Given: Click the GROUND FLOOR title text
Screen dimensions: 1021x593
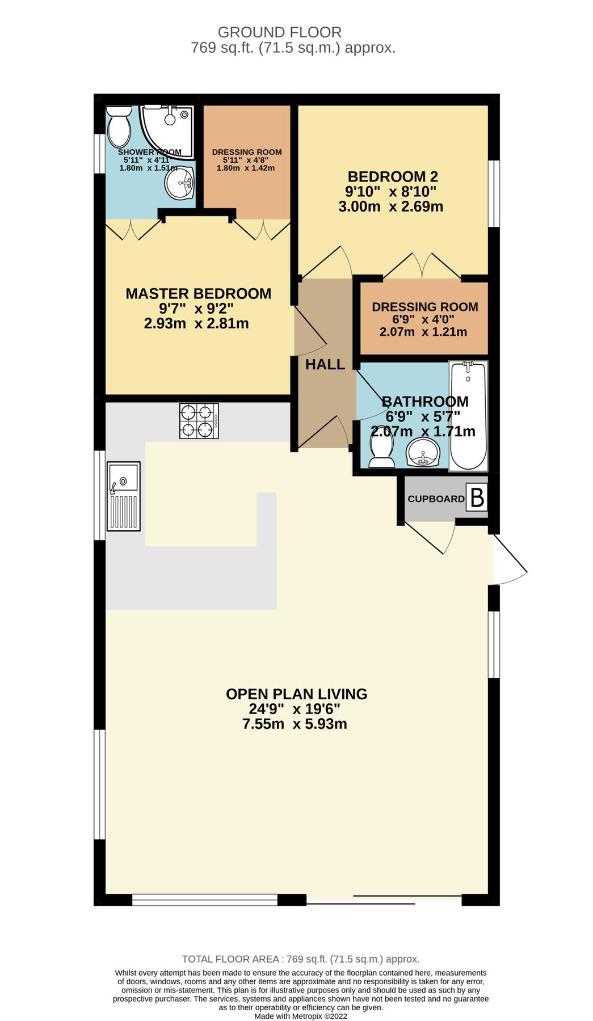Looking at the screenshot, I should point(279,32).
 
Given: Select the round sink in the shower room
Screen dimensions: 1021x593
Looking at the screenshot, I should point(179,183).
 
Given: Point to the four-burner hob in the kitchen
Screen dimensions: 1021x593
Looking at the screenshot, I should point(199,420).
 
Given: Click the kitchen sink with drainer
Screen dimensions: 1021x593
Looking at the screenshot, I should point(124,496).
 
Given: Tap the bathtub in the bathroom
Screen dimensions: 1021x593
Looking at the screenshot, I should point(468,416).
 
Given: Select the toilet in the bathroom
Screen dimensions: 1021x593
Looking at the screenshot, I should point(381,453).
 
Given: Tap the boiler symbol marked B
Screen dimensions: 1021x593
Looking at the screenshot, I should point(477,497).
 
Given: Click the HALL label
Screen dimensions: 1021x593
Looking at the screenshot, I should point(325,365).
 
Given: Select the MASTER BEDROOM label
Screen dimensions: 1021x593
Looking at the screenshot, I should point(198,294).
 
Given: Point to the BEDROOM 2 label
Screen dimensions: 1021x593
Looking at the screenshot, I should point(393,177).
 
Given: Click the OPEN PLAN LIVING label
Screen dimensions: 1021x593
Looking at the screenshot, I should point(296,694).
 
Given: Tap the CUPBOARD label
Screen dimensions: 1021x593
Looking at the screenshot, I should point(436,499).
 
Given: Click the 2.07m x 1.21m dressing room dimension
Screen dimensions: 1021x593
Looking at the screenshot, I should point(423,332).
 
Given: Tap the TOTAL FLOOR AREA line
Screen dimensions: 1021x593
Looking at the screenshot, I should point(300,959).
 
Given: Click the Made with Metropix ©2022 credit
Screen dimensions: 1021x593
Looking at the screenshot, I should point(300,1016).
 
